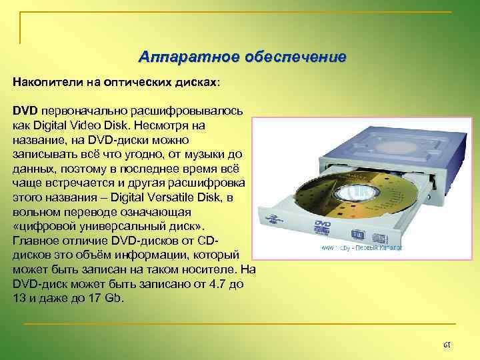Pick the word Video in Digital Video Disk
(x=91, y=125)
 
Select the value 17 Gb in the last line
(x=105, y=298)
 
